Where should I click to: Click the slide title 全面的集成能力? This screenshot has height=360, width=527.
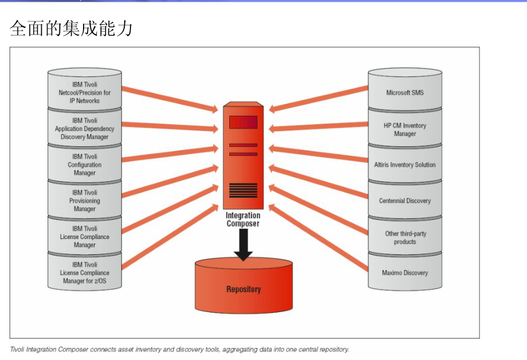coord(71,28)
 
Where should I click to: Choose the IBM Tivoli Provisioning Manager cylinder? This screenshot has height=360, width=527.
coord(85,201)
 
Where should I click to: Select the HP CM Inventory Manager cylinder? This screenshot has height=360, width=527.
coord(404,129)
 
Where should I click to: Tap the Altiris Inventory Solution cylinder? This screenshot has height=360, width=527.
coord(404,165)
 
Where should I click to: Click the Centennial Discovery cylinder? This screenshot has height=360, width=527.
coord(404,201)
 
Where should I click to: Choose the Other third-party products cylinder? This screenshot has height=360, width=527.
coord(404,237)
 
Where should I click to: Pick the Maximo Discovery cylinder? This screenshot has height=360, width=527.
coord(404,273)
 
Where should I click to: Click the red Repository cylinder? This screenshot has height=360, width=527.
coord(243,289)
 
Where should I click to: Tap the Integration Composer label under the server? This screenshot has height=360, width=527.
coord(243,219)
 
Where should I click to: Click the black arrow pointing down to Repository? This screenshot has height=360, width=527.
coord(243,246)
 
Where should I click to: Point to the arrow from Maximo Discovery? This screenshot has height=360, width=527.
coord(319,237)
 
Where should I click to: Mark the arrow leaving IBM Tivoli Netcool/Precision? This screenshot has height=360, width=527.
coord(169,98)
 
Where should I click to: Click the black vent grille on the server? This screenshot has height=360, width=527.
coord(243,190)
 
